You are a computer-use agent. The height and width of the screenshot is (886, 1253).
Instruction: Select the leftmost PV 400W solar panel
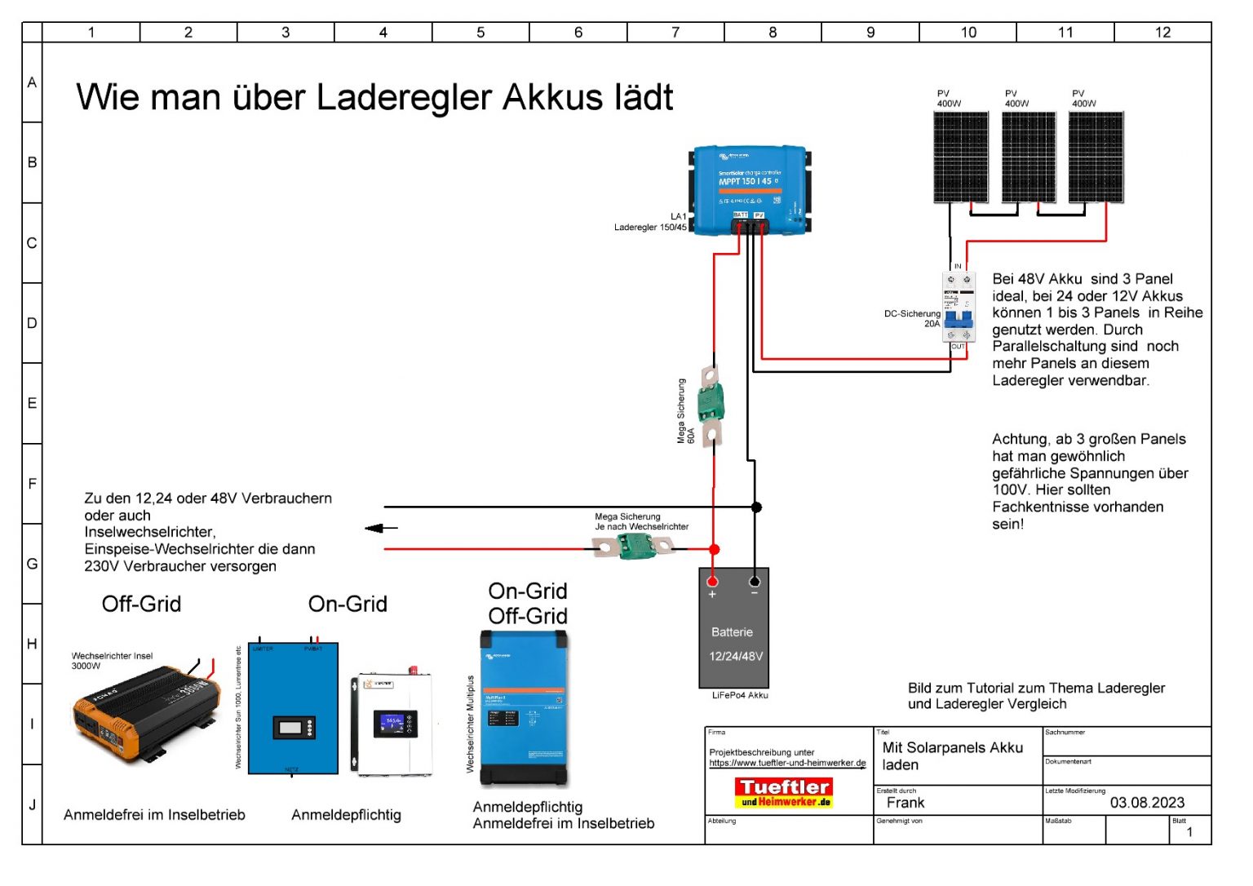pos(961,157)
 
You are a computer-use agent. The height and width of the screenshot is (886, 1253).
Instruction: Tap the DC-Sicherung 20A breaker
pos(959,308)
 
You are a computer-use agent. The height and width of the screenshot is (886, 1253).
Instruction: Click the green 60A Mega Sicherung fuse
pos(711,404)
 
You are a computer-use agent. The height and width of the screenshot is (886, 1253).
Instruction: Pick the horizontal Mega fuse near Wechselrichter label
pos(635,546)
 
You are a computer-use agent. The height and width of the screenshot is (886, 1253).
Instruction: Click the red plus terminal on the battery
pos(713,582)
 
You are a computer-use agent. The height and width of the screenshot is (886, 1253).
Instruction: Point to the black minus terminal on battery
pos(755,582)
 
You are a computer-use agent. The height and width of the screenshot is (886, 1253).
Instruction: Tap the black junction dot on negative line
pos(756,507)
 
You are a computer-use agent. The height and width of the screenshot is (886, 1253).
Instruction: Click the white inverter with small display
pos(392,724)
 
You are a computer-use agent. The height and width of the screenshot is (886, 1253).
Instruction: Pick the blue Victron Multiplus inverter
pos(524,708)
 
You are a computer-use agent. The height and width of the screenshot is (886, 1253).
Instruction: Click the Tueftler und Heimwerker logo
pos(784,792)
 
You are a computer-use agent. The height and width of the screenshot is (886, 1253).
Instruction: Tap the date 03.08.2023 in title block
pos(1146,803)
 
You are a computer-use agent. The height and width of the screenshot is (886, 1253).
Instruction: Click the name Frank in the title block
pos(905,803)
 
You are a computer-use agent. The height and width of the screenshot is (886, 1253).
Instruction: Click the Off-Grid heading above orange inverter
pos(142,604)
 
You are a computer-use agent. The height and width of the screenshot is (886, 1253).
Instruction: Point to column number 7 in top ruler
pos(675,32)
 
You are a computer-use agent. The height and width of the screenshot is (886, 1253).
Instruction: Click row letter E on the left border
pos(32,404)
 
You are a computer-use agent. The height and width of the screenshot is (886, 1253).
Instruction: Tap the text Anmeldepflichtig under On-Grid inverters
pos(346,815)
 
